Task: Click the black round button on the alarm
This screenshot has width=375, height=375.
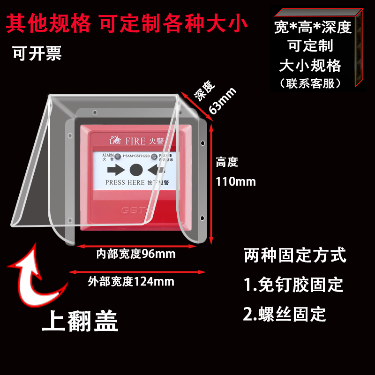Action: [136, 169]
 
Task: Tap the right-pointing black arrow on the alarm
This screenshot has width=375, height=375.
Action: [115, 169]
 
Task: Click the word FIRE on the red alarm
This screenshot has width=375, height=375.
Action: [135, 140]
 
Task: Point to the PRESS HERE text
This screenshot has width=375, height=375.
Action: [125, 182]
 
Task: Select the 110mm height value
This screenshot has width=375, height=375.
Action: [236, 181]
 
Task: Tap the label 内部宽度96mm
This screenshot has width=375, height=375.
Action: [136, 254]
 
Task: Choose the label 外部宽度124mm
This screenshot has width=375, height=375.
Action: [131, 281]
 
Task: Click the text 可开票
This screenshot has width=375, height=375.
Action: [37, 53]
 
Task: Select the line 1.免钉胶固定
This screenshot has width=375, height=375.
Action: [293, 285]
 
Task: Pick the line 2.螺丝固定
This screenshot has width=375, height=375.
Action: [285, 314]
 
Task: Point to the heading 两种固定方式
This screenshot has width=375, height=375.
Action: [295, 256]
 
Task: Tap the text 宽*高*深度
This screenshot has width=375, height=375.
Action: [313, 27]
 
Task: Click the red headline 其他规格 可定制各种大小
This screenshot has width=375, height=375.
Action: [127, 22]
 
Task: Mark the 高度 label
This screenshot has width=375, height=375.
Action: [227, 163]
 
